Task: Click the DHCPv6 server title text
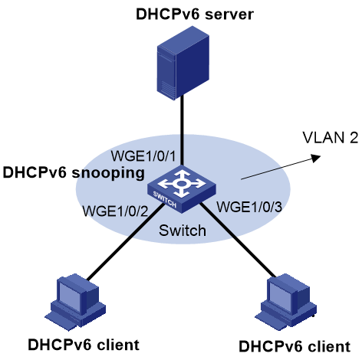click(x=195, y=14)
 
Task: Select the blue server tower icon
click(x=183, y=63)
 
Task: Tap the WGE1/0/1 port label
click(x=143, y=155)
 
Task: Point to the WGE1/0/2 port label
click(x=115, y=211)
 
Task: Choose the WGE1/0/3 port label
click(x=249, y=207)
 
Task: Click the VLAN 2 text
click(x=331, y=138)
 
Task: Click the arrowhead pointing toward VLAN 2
click(x=316, y=158)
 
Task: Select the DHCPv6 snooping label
click(x=74, y=173)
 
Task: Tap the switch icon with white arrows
click(x=182, y=189)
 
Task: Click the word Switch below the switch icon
click(x=183, y=231)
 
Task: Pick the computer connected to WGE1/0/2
click(x=76, y=302)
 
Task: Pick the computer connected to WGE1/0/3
click(x=286, y=302)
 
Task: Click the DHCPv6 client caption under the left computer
click(x=84, y=345)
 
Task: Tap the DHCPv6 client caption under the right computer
click(x=295, y=346)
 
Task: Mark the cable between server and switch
click(x=182, y=130)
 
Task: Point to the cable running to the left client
click(x=125, y=241)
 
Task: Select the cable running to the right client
click(x=238, y=240)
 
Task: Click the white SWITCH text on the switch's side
click(x=165, y=199)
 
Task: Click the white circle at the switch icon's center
click(x=181, y=183)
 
